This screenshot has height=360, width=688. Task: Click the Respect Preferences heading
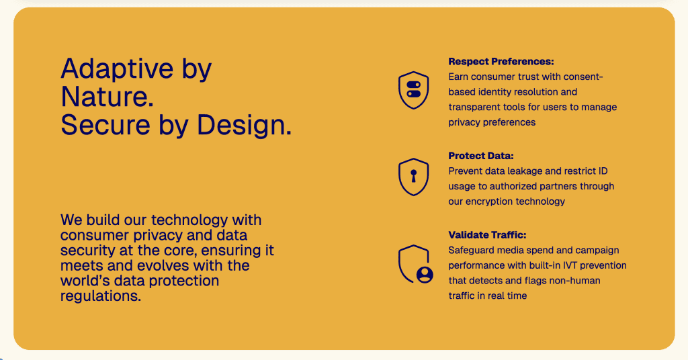[501, 62]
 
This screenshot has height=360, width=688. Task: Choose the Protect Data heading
[481, 156]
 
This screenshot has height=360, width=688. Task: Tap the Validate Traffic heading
[487, 235]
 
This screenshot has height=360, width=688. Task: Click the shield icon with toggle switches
[413, 90]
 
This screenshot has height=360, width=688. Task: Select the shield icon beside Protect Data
[413, 177]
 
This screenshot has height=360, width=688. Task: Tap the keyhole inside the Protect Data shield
[413, 176]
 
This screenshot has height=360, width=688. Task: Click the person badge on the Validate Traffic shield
[425, 274]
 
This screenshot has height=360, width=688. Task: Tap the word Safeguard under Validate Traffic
[472, 251]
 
